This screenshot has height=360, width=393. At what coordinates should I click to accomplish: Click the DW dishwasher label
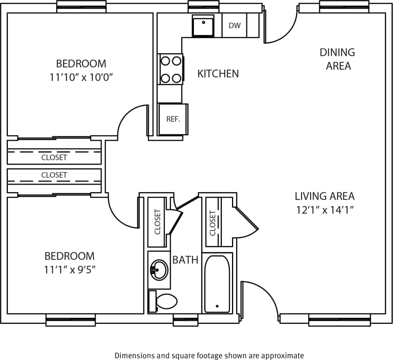click(x=234, y=26)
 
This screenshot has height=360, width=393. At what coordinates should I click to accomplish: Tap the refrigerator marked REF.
click(x=173, y=119)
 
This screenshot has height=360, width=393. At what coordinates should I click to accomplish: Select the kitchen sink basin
click(x=203, y=26)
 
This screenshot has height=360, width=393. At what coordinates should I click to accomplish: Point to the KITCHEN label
click(x=218, y=74)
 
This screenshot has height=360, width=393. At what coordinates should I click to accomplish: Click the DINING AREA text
click(x=337, y=59)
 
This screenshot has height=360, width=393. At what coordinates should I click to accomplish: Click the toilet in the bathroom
click(x=164, y=301)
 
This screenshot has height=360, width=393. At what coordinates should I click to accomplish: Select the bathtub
click(x=217, y=284)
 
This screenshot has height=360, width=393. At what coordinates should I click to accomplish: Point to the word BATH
click(x=185, y=260)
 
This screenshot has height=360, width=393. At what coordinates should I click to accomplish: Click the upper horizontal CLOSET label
click(x=54, y=157)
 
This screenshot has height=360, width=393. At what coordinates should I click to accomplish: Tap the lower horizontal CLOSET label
click(x=54, y=175)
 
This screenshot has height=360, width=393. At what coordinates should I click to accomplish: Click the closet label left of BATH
click(x=157, y=222)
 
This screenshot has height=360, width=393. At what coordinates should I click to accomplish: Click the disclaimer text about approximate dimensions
click(x=209, y=355)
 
